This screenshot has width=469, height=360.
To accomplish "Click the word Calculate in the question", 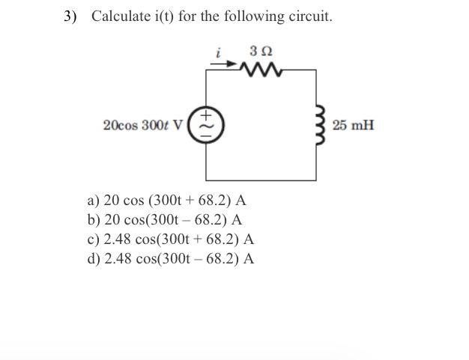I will click(118, 16).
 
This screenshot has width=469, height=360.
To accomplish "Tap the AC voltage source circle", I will click(207, 123).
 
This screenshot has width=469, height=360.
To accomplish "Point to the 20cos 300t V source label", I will click(144, 124).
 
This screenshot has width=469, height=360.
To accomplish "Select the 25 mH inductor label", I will click(353, 124).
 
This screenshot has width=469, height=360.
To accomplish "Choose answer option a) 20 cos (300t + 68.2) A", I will click(166, 201).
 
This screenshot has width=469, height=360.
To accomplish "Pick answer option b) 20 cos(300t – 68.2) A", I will click(164, 221).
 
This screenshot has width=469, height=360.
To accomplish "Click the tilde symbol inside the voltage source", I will click(208, 124).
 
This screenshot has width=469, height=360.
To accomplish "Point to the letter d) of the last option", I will click(94, 260).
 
